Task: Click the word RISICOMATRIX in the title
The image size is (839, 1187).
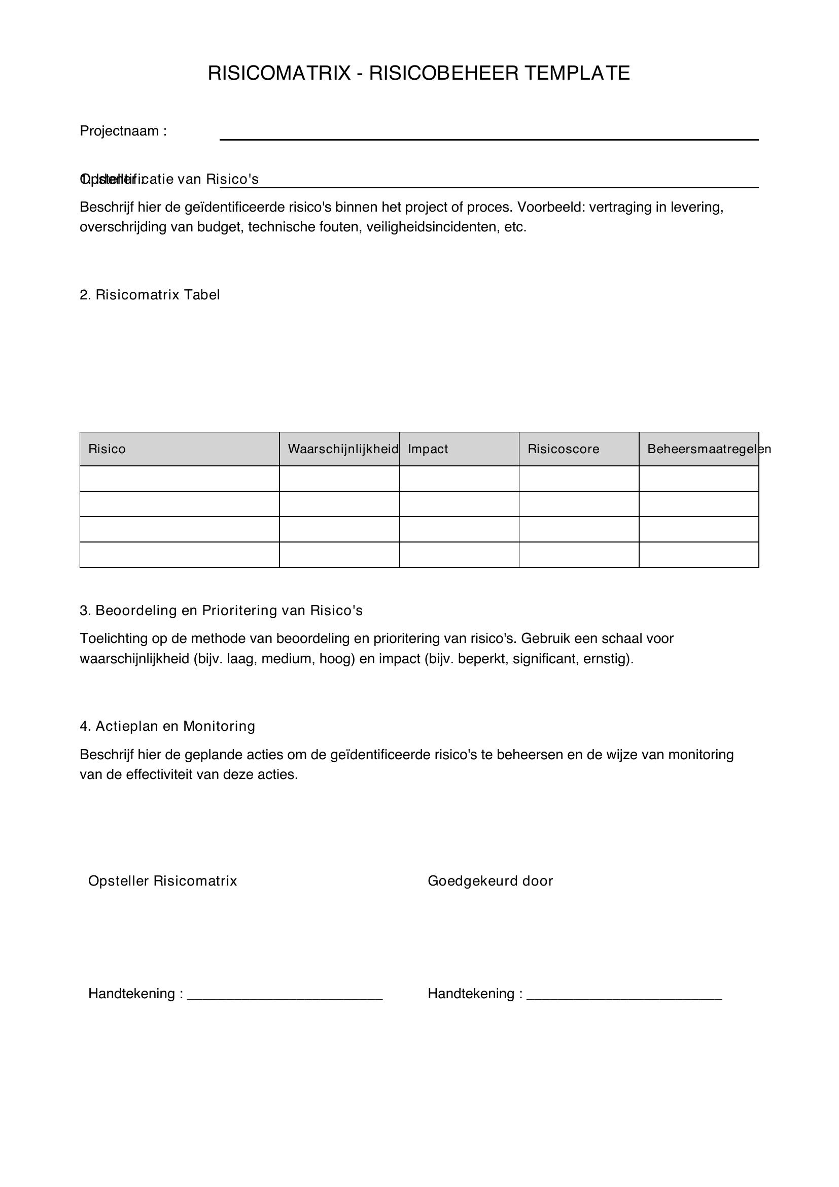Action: [279, 74]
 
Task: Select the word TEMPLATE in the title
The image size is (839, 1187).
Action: [577, 74]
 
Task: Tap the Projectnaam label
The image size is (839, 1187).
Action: [123, 131]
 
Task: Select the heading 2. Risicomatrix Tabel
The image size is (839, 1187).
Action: [150, 295]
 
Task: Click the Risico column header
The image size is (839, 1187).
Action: [107, 449]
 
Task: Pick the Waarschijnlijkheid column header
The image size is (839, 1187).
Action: [342, 449]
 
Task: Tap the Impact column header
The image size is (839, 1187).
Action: [428, 449]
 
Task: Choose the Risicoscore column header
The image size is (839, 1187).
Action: [563, 449]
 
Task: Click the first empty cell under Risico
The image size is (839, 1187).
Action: [179, 479]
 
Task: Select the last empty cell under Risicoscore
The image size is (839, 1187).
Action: [579, 555]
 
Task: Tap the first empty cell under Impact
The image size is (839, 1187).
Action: [459, 479]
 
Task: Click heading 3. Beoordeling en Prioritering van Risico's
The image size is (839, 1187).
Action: [221, 611]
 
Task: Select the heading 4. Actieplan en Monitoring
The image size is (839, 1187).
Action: [167, 727]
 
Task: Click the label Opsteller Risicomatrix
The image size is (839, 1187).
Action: [163, 881]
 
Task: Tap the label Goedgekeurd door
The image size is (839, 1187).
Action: [491, 881]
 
